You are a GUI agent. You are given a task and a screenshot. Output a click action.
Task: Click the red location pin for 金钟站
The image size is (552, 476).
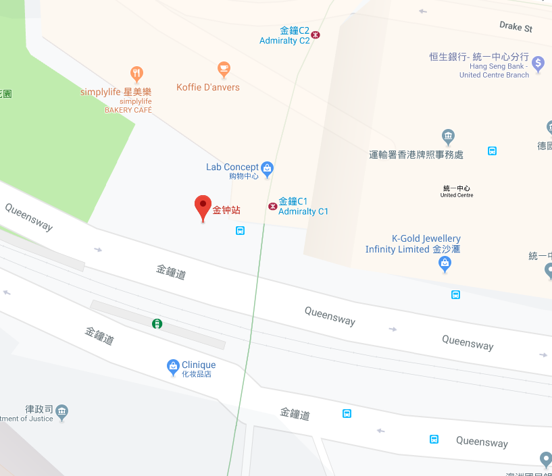(203, 205)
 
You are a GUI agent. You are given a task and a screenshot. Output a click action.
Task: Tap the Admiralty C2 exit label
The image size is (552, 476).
(284, 36)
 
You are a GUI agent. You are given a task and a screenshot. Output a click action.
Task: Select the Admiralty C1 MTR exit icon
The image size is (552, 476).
(272, 206)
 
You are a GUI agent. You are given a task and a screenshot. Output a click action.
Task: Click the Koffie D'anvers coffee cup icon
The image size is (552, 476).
(224, 68)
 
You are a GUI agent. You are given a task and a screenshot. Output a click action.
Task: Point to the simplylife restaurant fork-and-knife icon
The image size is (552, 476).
(137, 74)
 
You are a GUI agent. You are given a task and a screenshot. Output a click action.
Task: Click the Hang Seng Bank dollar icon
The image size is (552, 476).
(538, 63)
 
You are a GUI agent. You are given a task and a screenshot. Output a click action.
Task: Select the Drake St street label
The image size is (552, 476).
(516, 27)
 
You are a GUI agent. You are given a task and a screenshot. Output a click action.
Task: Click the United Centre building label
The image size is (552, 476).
(457, 191)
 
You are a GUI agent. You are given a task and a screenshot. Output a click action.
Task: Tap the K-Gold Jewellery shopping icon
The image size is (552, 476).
(445, 263)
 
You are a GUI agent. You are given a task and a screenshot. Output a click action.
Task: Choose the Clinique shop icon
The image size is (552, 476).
(174, 367)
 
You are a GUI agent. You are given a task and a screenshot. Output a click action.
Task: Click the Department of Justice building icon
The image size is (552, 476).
(62, 411)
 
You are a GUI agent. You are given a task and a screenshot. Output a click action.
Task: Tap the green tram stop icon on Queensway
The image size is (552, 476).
(157, 324)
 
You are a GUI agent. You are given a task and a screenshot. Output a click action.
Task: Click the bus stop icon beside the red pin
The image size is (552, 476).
(240, 230)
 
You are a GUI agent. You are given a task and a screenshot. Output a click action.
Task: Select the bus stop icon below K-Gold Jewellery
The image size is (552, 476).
(456, 294)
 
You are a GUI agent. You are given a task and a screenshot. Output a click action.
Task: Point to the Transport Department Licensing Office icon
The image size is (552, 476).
(447, 136)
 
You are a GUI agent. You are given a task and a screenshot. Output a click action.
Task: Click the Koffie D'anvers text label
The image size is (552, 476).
(208, 87)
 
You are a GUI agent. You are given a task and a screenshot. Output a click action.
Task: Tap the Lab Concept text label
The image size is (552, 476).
(232, 167)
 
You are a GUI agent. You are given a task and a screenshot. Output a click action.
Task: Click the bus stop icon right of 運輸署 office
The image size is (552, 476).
(493, 151)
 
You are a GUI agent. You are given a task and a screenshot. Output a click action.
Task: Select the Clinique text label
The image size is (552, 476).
(199, 365)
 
